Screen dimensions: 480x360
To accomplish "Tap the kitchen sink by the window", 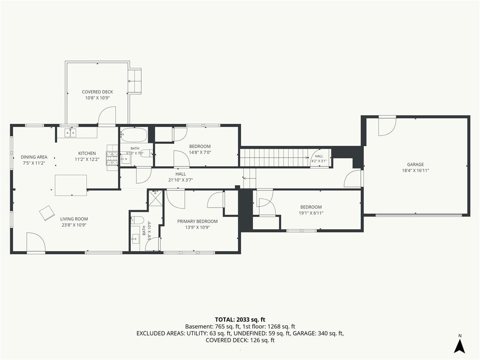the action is click(70, 133).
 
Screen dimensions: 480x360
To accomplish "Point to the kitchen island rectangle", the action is click(71, 185).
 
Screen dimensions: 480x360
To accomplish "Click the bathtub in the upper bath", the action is click(134, 134).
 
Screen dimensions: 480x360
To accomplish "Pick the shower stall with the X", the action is click(156, 198).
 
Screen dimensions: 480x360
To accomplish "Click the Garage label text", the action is click(415, 165).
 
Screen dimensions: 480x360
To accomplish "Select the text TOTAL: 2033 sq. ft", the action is click(240, 320).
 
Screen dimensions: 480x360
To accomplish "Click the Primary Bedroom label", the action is click(197, 221).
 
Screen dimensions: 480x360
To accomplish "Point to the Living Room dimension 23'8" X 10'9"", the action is click(74, 225).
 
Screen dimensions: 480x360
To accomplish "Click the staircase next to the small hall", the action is click(274, 157).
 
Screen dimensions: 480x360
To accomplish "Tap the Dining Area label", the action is click(34, 157).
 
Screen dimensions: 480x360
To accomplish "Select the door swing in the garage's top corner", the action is click(387, 126).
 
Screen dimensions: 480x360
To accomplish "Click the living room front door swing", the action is click(36, 242).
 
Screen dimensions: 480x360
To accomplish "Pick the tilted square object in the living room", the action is click(47, 213).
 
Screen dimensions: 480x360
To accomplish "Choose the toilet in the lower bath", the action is click(138, 219).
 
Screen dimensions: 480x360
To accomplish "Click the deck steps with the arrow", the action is click(135, 81).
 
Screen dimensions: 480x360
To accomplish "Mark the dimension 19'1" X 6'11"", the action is click(311, 213).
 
